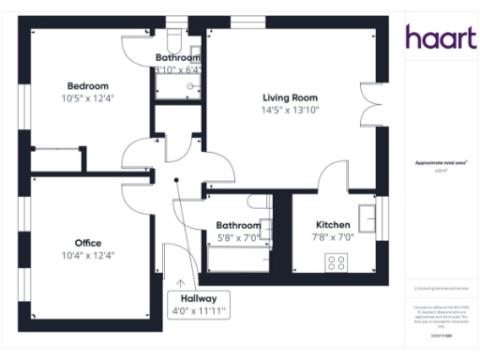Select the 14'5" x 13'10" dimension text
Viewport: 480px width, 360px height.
pyautogui.click(x=290, y=110)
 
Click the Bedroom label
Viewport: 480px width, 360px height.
pyautogui.click(x=86, y=86)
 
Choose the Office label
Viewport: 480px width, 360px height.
pyautogui.click(x=88, y=243)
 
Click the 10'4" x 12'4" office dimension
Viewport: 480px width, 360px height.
pyautogui.click(x=88, y=255)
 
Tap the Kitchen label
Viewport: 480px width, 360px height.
pyautogui.click(x=333, y=225)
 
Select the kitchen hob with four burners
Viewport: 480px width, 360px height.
pyautogui.click(x=336, y=260)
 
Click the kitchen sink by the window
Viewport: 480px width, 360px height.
pyautogui.click(x=368, y=217)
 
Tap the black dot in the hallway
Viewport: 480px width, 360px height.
pyautogui.click(x=175, y=182)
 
